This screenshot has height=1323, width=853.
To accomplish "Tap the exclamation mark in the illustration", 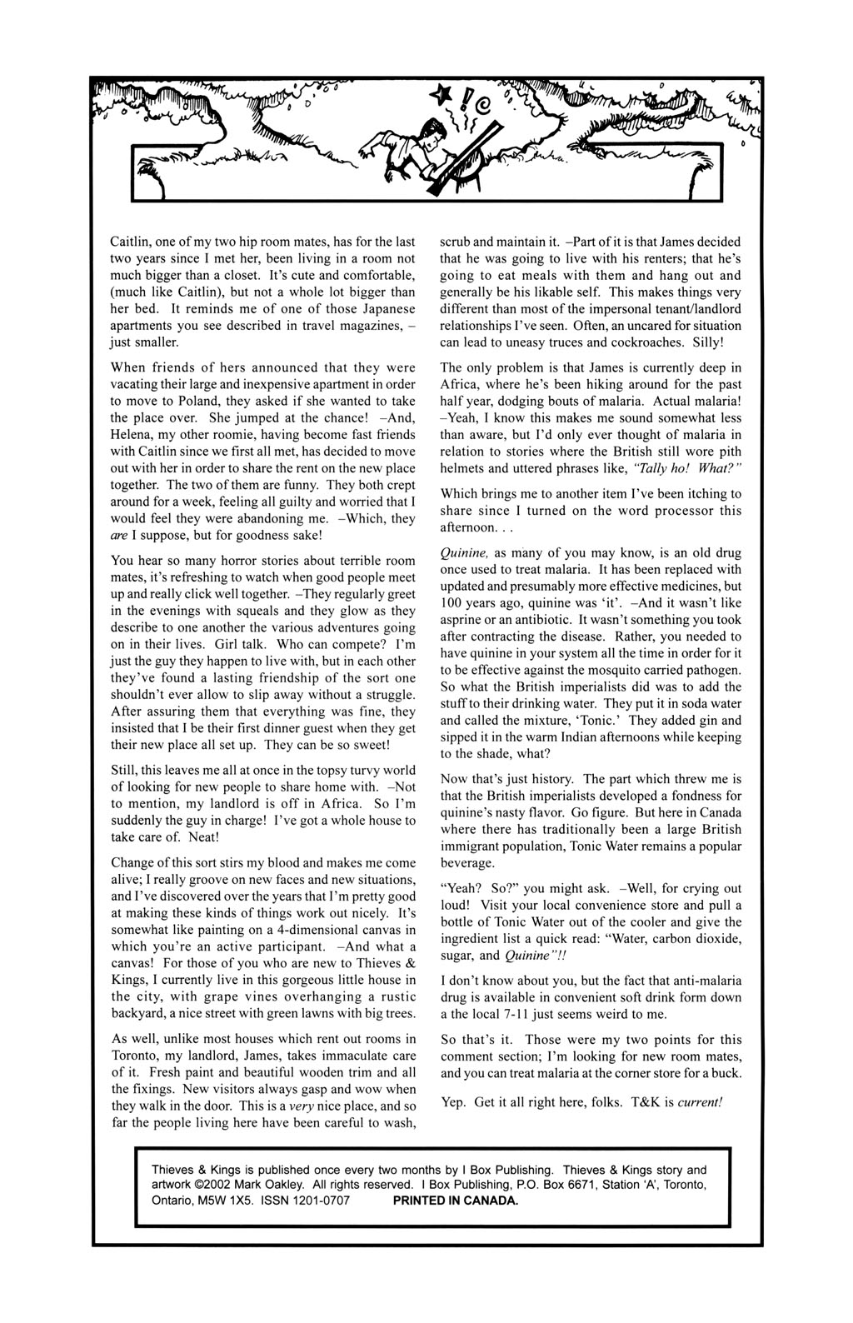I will [x=466, y=101].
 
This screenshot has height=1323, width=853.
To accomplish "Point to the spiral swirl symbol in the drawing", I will [x=481, y=105].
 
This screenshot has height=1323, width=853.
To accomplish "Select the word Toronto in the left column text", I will [x=136, y=1055].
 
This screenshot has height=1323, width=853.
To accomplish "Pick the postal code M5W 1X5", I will [x=227, y=1201].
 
